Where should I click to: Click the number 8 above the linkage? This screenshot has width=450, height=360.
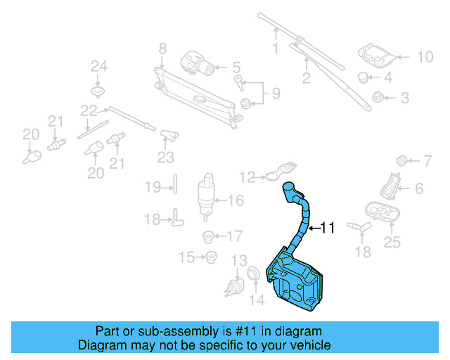[162, 49]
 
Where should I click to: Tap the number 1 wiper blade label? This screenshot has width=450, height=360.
[276, 49]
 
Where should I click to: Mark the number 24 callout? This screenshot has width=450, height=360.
[98, 67]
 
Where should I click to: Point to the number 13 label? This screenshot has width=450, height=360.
[239, 261]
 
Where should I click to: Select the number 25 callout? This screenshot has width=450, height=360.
[392, 243]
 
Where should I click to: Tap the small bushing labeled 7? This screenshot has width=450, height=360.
[404, 160]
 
